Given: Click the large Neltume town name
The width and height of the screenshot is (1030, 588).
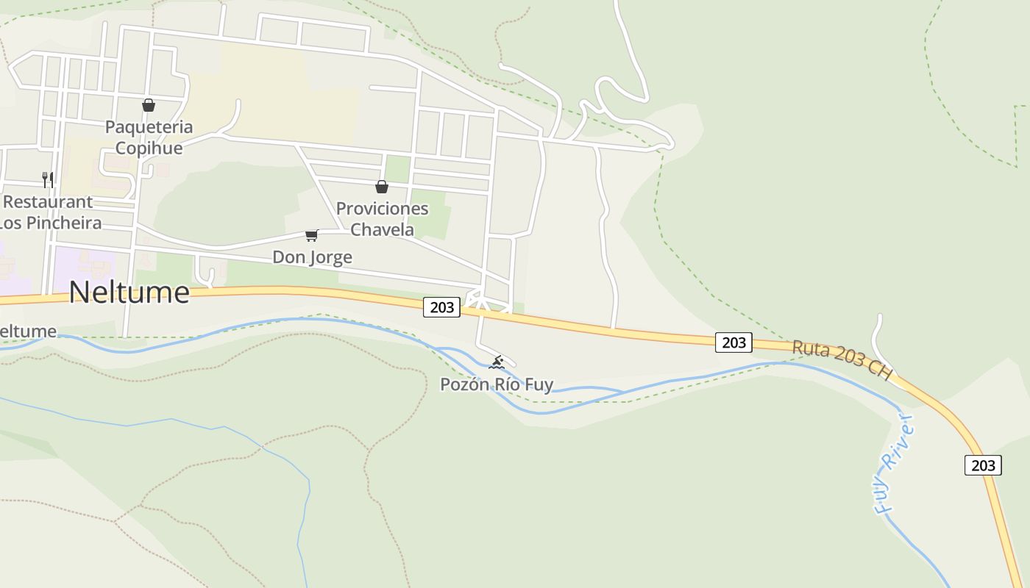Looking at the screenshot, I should click(129, 293).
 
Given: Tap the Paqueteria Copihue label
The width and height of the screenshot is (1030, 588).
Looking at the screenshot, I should click(149, 137).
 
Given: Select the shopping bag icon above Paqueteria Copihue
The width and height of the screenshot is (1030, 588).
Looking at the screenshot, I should click(149, 105).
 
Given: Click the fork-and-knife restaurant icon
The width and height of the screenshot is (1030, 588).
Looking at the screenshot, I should click(48, 179).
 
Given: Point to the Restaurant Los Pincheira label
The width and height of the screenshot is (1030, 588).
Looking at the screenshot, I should click(50, 212).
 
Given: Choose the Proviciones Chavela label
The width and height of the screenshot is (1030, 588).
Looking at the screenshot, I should click(382, 218).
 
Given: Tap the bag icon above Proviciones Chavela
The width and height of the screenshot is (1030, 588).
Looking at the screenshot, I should click(382, 187).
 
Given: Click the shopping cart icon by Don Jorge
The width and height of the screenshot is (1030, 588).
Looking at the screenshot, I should click(312, 235).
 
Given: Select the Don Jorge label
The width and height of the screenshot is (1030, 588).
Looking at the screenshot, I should click(312, 257).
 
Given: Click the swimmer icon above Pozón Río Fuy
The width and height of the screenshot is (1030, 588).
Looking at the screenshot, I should click(497, 362).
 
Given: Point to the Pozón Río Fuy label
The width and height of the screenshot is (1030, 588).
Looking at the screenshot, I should click(497, 384).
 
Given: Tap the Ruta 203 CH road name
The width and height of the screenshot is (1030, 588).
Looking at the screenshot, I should click(842, 359).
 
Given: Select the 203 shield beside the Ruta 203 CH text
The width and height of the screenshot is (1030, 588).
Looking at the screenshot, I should click(734, 342).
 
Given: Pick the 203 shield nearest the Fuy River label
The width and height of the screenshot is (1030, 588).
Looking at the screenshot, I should click(983, 465).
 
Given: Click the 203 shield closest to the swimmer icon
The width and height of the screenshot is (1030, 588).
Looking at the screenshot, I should click(441, 307).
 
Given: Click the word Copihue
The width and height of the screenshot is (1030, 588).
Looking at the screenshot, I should click(149, 148).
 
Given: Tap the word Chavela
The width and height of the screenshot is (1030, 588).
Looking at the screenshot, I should click(382, 229).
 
